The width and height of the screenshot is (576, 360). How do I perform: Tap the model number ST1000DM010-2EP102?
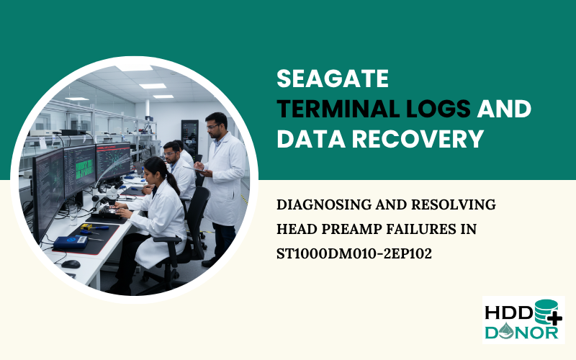(x=354, y=253)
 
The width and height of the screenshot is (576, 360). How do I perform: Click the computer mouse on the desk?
(x=71, y=264)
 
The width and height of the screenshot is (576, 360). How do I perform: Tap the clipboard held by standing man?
(x=199, y=168)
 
